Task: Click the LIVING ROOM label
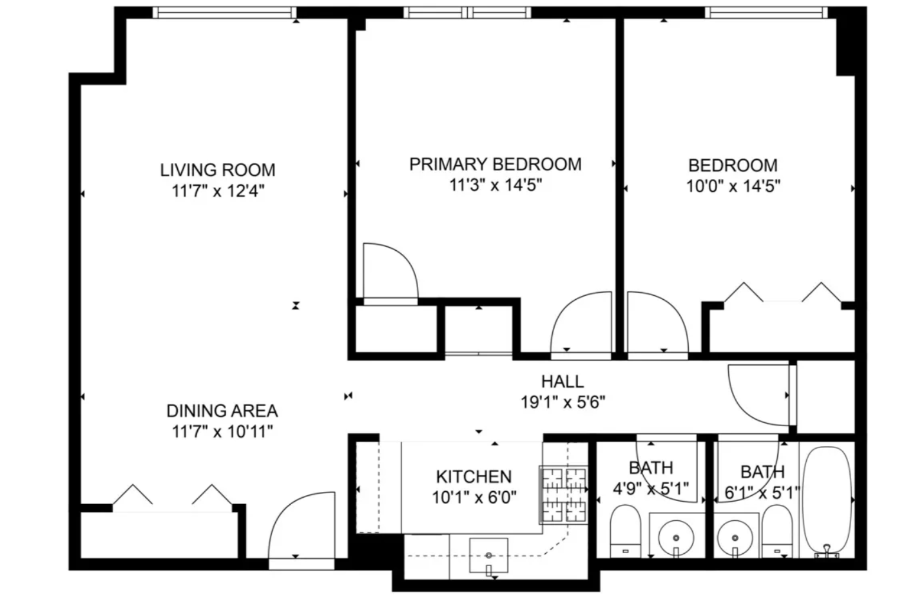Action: [218, 170]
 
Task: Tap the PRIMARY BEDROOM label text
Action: [496, 164]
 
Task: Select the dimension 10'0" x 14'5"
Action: [733, 186]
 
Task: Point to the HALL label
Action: [563, 382]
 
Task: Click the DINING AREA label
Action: [222, 411]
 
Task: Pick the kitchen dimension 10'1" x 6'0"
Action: [474, 498]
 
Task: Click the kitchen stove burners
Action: [564, 494]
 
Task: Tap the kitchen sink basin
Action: [488, 555]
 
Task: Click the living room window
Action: [226, 12]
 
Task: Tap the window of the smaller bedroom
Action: [766, 12]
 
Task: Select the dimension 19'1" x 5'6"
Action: [563, 403]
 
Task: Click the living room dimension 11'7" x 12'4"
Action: [218, 191]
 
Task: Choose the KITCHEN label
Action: [474, 477]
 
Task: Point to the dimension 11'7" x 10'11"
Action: [222, 432]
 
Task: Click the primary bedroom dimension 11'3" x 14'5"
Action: [496, 185]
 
